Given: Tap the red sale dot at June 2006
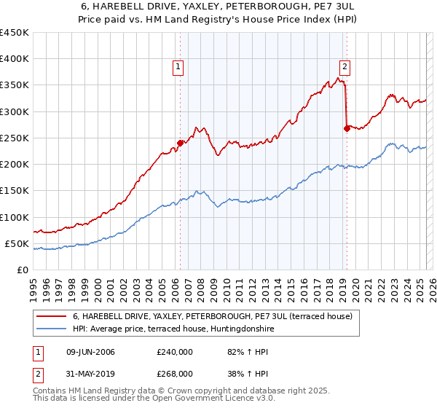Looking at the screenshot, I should click(180, 143).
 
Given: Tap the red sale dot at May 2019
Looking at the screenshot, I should click(347, 128).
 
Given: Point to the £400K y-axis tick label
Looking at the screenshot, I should click(14, 59).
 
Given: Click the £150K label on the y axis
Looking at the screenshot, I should click(14, 191).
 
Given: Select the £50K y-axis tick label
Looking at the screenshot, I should click(17, 243).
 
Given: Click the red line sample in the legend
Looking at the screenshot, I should click(52, 316).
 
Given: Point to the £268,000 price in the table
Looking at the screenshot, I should click(175, 373).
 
